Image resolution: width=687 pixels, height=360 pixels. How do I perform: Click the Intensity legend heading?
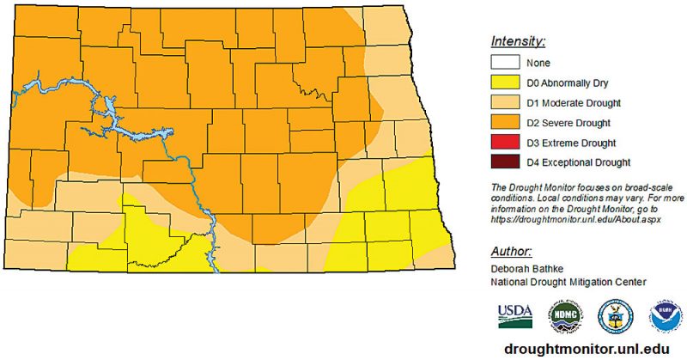click(519, 41)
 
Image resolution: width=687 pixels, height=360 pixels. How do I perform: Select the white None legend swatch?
click(507, 63)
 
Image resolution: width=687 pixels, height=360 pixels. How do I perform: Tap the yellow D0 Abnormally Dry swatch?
click(507, 82)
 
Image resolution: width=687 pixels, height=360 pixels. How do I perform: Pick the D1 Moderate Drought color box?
click(507, 102)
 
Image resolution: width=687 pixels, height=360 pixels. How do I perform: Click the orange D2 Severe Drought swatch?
click(507, 122)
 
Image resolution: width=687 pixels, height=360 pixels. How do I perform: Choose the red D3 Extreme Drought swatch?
click(507, 142)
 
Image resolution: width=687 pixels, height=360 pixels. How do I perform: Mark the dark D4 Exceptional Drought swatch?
click(507, 162)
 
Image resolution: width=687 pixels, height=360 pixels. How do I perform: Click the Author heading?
click(512, 252)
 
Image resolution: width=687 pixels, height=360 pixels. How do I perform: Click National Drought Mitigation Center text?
click(568, 281)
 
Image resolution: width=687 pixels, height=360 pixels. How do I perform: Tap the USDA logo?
click(514, 315)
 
